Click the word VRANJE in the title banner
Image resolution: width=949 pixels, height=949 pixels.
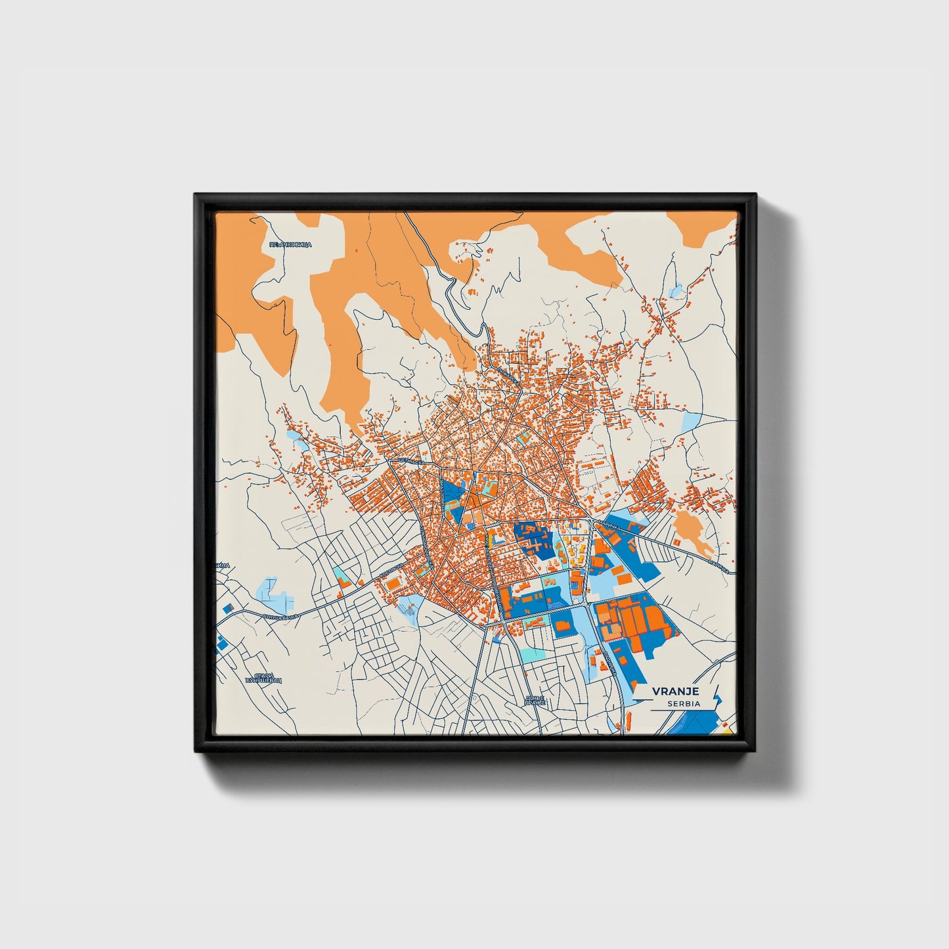click(x=675, y=691)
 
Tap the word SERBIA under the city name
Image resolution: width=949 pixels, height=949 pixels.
click(x=683, y=703)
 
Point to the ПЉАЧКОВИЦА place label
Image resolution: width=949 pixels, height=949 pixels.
click(x=290, y=244)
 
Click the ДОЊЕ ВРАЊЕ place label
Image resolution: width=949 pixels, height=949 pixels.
click(x=535, y=701)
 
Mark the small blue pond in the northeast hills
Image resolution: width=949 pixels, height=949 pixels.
click(x=676, y=290)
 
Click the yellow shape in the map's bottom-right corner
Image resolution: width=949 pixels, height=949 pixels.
click(x=726, y=727)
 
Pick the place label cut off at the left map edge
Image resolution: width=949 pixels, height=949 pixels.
click(x=223, y=565)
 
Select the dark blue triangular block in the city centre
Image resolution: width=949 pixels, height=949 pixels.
click(x=453, y=500)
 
